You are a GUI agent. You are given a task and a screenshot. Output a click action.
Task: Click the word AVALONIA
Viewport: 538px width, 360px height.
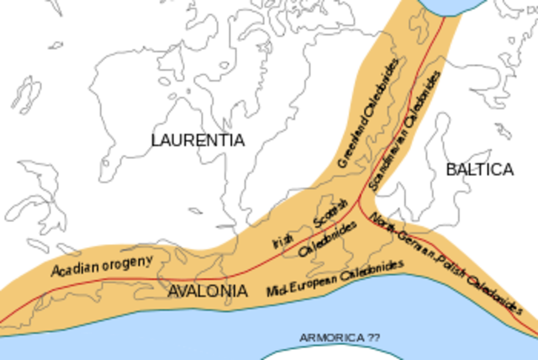click(208, 292)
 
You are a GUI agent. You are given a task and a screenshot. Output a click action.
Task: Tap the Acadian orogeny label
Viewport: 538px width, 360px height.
click(103, 265)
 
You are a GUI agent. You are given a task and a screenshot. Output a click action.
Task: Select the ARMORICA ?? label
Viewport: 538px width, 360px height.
click(340, 337)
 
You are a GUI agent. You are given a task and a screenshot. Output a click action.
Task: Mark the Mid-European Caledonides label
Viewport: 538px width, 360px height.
click(335, 278)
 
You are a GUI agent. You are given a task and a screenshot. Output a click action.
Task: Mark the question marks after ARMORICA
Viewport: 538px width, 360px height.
click(373, 337)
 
